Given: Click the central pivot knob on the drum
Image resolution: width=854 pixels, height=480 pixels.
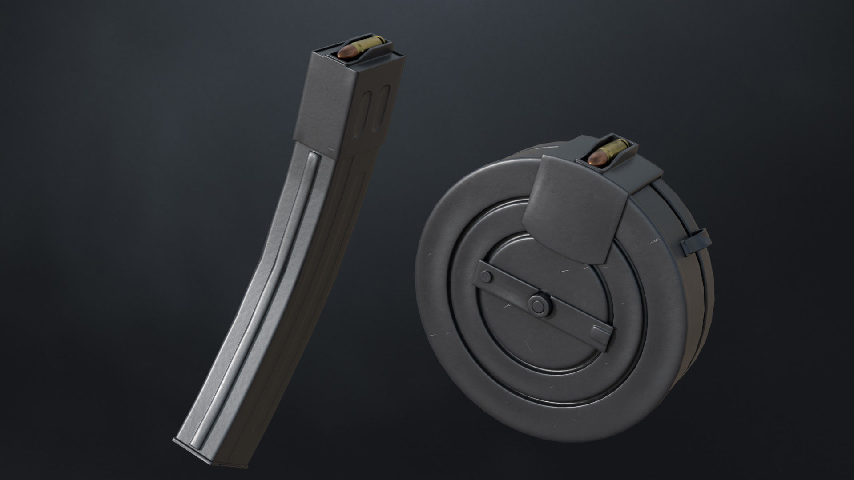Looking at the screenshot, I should tap(539, 304).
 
